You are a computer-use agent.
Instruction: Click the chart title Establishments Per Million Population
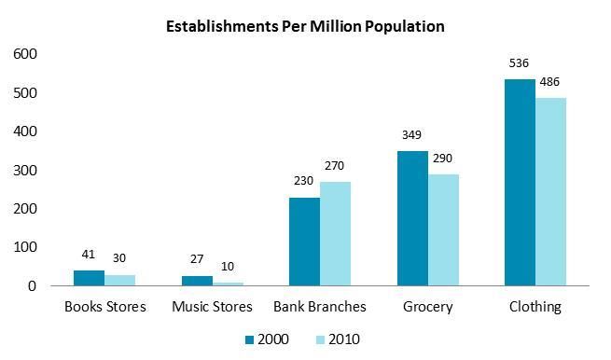305,26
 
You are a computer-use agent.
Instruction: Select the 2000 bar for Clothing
520,183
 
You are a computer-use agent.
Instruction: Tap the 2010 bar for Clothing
550,192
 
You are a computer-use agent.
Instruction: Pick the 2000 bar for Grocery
412,218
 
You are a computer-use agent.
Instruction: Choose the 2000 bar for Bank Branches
304,242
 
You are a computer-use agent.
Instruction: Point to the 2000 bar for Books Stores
90,278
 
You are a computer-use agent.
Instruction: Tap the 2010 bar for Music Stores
228,284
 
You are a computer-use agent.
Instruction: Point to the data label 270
335,167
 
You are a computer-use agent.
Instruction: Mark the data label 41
90,255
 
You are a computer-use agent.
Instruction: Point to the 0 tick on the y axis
31,286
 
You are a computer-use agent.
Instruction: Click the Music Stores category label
213,307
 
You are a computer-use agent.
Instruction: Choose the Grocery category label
427,307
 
